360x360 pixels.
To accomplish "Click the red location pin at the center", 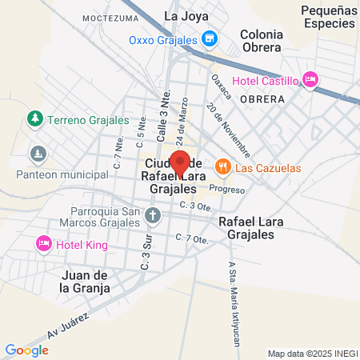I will [x=180, y=162].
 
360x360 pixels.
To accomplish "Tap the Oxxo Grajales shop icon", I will [x=210, y=38].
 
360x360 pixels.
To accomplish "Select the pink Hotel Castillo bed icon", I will [x=311, y=79].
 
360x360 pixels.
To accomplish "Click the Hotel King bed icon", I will [x=44, y=242].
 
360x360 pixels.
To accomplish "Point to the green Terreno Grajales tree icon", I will [x=34, y=120].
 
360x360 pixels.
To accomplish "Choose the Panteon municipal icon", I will [x=38, y=153].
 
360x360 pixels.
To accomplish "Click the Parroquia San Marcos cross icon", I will [x=154, y=214].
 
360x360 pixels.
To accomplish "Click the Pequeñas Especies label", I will [x=328, y=16].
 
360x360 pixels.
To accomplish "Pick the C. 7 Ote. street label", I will [x=195, y=238].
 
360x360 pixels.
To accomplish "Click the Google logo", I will [x=26, y=350].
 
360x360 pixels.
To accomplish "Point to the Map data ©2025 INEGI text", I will [x=312, y=354].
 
